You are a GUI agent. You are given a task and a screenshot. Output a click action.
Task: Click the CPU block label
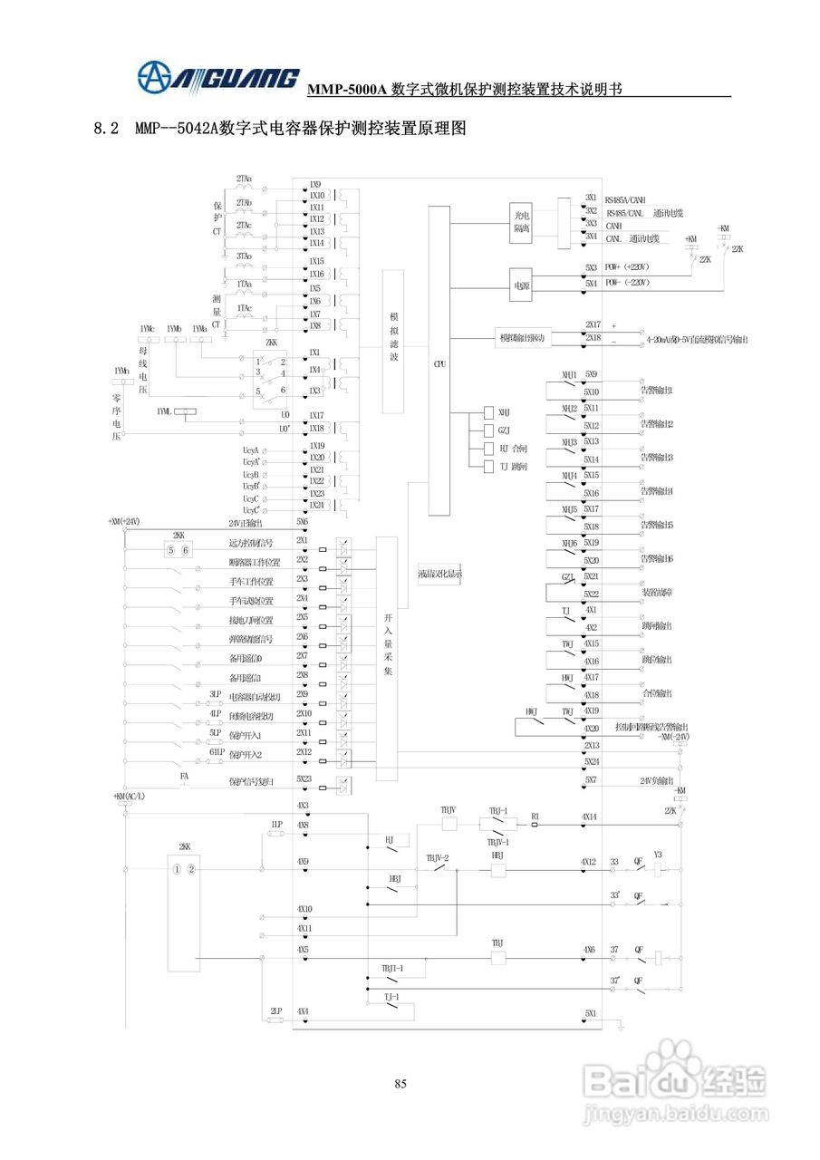(439, 363)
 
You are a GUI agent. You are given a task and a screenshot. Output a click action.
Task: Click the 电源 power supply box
(521, 283)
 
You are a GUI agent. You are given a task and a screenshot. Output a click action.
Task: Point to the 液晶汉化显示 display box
(439, 573)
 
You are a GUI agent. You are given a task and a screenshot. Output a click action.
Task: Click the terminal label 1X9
(315, 184)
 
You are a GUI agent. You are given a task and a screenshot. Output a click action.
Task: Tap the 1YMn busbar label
(121, 371)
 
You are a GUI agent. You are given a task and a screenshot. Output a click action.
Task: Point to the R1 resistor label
(535, 817)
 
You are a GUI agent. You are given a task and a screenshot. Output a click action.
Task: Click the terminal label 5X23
(303, 778)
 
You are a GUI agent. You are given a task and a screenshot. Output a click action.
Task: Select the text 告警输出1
(657, 391)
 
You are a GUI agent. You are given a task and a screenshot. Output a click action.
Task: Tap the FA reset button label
(184, 777)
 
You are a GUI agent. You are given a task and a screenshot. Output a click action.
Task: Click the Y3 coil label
(658, 855)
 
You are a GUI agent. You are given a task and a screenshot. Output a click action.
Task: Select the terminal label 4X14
(590, 817)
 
